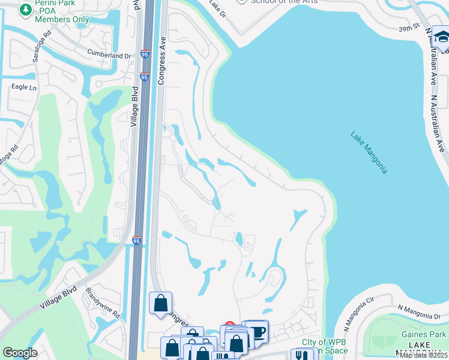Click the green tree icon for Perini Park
pos(26,10)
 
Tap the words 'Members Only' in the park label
pos(62,19)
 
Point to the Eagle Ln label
pos(24,87)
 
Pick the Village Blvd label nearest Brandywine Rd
pos(59,298)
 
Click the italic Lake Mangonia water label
pos(369,152)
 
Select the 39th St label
pos(408,28)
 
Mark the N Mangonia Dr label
pos(422,311)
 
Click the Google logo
pos(20,353)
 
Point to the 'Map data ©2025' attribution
pos(423,355)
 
